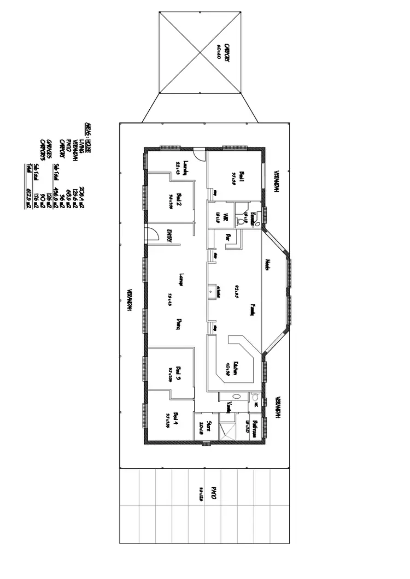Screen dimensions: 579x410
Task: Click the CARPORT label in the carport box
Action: tap(226, 53)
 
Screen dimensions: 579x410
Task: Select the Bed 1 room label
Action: tap(242, 177)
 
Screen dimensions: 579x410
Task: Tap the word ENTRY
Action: tap(169, 235)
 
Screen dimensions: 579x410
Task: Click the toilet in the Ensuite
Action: tap(241, 222)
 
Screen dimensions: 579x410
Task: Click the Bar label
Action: tap(229, 238)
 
